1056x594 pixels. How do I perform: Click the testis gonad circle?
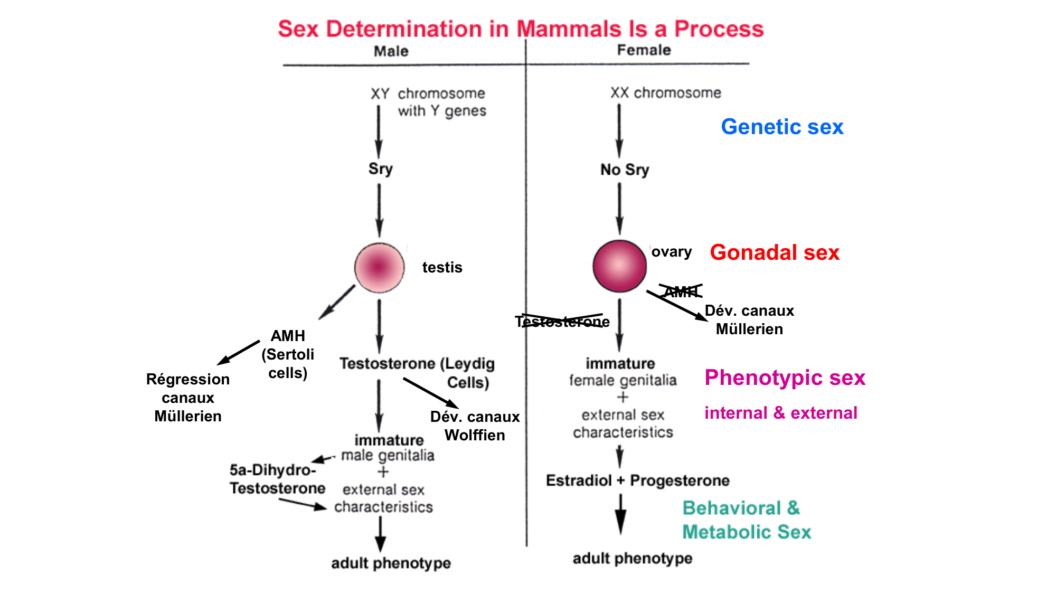[x=379, y=268]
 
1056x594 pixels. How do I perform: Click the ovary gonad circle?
[x=619, y=266]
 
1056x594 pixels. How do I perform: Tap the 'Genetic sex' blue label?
[x=782, y=127]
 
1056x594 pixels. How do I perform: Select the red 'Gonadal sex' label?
[x=775, y=252]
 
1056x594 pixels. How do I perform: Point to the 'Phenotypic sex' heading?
[x=785, y=378]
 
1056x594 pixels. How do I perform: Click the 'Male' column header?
[x=391, y=51]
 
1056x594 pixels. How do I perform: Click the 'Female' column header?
[x=644, y=50]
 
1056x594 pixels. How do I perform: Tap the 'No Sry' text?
[x=625, y=169]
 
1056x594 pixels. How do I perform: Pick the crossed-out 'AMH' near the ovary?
[x=681, y=291]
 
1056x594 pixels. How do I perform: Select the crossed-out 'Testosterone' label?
[x=562, y=322]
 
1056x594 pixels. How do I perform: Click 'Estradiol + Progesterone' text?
[x=638, y=480]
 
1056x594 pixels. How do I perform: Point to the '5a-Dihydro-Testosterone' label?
[x=277, y=479]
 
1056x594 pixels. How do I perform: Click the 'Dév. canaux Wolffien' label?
[x=475, y=426]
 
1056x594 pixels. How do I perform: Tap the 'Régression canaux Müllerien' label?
[x=188, y=398]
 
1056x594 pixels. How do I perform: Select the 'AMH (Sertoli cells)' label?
[x=288, y=354]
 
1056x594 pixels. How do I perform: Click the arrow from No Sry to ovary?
[x=619, y=208]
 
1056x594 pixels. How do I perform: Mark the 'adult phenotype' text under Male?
[x=391, y=563]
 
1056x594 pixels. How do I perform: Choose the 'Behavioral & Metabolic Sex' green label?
[x=746, y=520]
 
